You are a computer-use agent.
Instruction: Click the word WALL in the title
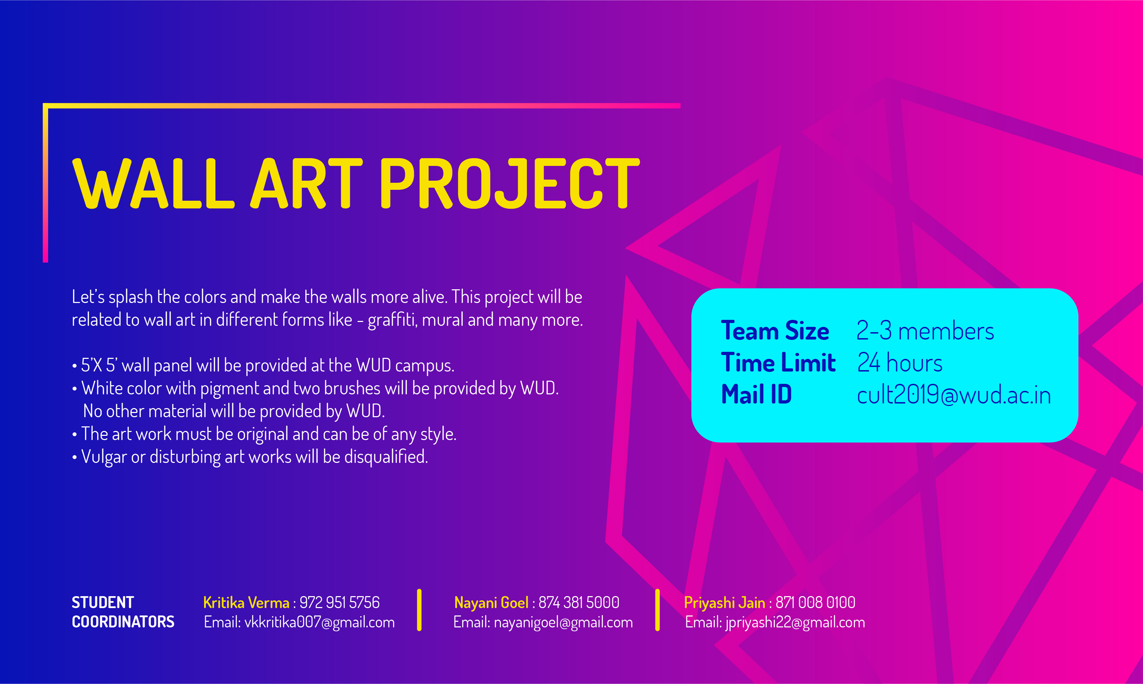point(154,183)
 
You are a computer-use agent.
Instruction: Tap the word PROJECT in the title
point(510,183)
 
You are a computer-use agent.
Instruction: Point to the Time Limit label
point(778,362)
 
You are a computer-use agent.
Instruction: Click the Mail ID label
point(756,394)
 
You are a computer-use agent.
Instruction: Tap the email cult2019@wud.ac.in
point(954,394)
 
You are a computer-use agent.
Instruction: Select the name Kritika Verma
point(246,603)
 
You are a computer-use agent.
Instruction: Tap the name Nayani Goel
point(491,603)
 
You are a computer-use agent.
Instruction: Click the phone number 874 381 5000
point(579,602)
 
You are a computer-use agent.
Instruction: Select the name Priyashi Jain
point(724,603)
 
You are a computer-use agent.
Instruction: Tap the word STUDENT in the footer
point(103,602)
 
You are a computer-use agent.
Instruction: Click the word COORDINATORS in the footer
point(123,622)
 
